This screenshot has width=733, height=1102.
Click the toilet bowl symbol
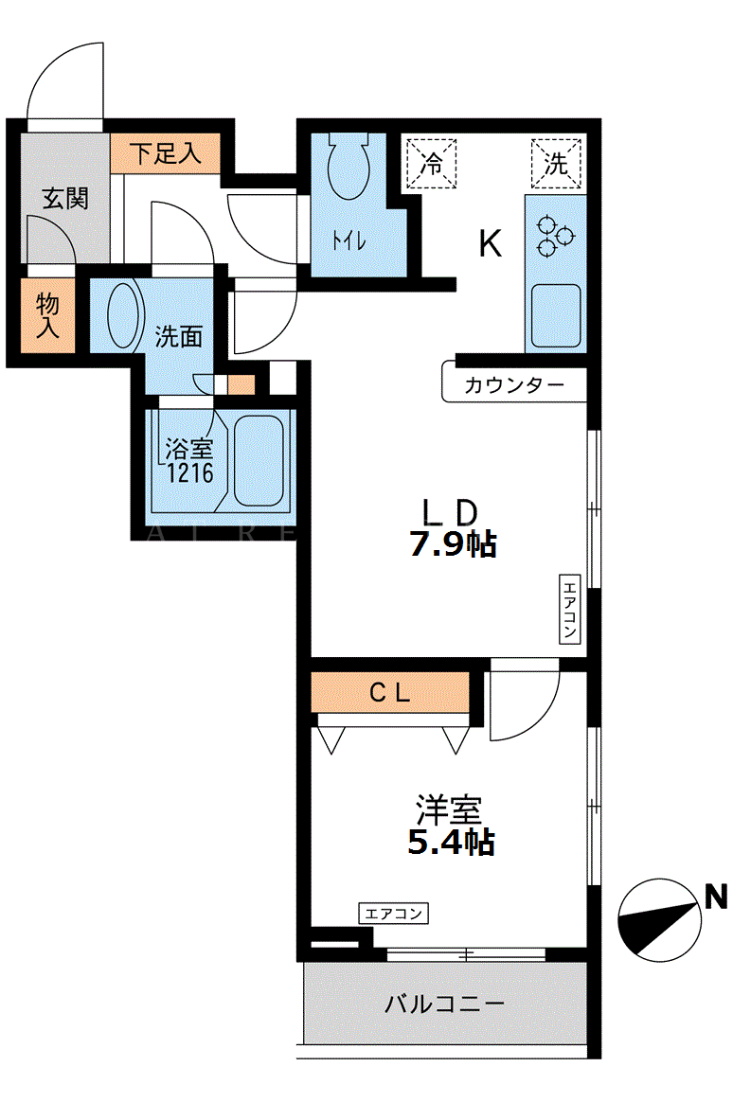(x=349, y=166)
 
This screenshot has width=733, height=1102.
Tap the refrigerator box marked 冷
(x=432, y=164)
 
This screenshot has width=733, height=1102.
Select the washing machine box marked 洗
(x=556, y=164)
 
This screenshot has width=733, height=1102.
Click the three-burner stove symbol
(x=555, y=237)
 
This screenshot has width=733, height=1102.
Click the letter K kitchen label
(x=490, y=244)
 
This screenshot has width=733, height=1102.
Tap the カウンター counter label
(x=513, y=385)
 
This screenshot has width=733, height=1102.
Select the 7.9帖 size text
(x=454, y=544)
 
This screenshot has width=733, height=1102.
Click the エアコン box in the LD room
(x=569, y=610)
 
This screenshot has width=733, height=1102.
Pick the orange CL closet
(x=390, y=693)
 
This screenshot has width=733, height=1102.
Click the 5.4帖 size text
(x=451, y=842)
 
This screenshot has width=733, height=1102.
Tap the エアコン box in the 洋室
(x=394, y=914)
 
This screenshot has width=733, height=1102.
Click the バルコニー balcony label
(x=444, y=1004)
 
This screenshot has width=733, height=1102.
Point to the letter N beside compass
(x=716, y=898)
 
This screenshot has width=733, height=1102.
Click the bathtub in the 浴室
(x=259, y=461)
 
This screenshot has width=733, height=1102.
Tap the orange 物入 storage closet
(x=47, y=316)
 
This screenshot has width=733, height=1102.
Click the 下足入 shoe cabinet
(x=165, y=153)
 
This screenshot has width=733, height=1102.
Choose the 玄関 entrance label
(x=65, y=198)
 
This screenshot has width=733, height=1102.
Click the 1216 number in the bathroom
(x=189, y=473)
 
